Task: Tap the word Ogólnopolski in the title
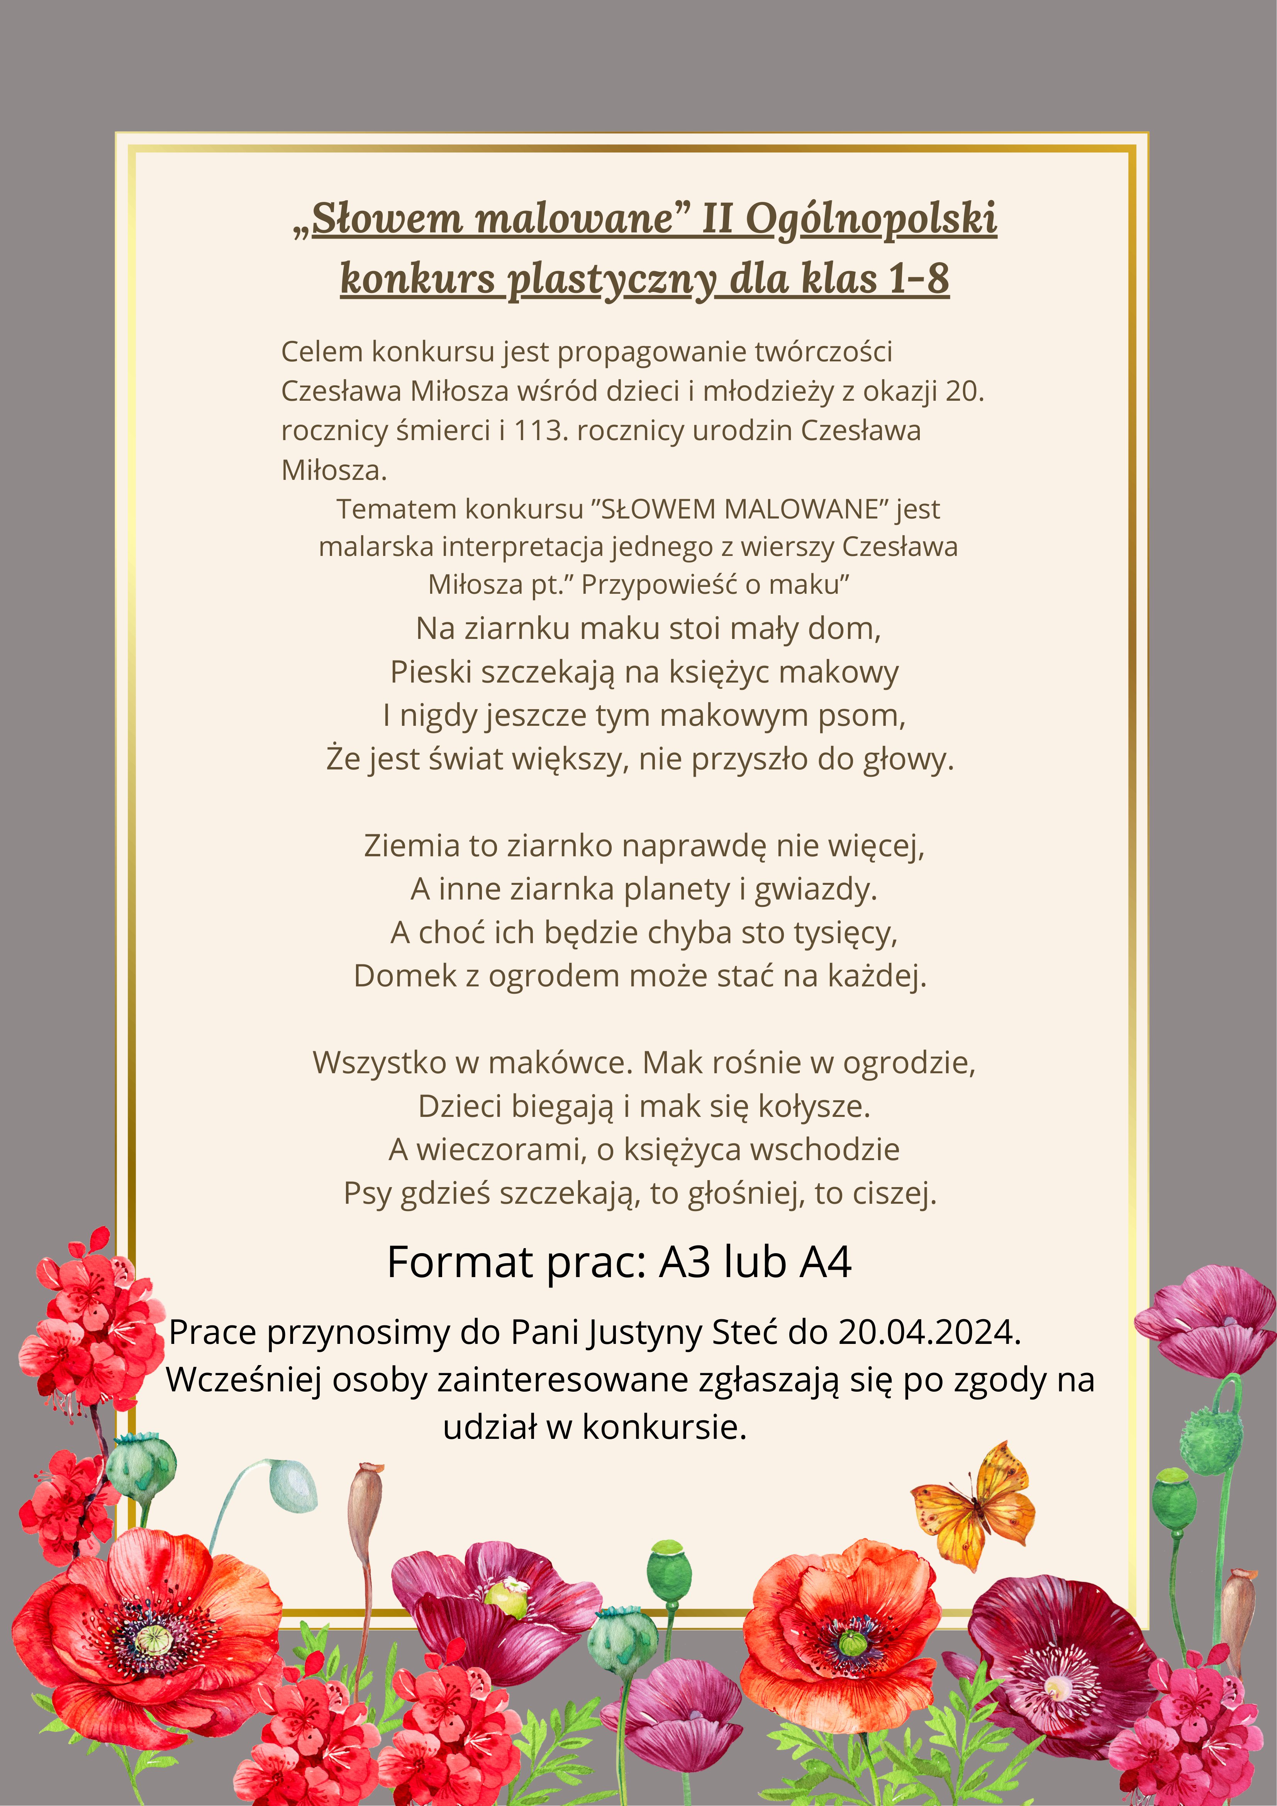[x=871, y=219]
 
